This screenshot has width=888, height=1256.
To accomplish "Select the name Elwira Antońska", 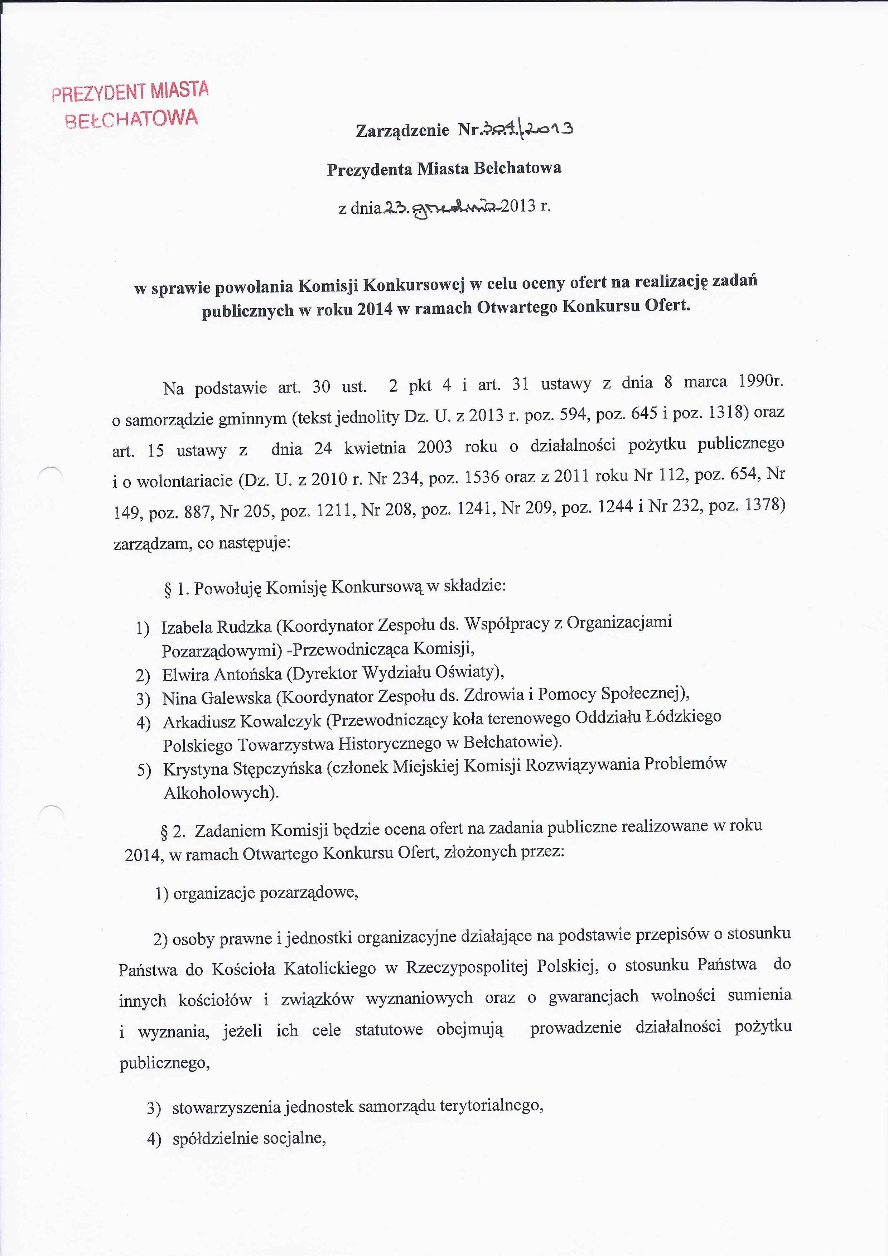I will (x=222, y=675).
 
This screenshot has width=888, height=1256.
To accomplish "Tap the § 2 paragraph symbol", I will (x=164, y=832).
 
